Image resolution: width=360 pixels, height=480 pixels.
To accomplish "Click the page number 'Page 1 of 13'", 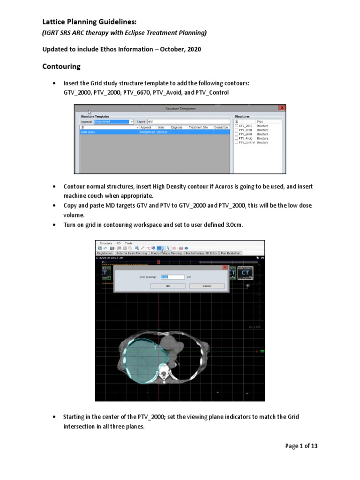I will coord(301,446).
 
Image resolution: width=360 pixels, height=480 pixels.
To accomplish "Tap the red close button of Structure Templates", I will coord(281,108).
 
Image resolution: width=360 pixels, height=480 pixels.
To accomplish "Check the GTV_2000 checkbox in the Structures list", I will coord(237,126).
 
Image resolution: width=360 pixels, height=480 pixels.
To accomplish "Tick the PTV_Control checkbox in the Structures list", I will coord(237,142).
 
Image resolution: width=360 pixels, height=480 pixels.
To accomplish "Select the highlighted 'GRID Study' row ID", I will coord(88,132).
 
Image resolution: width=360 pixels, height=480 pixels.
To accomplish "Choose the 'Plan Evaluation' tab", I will coord(231,253).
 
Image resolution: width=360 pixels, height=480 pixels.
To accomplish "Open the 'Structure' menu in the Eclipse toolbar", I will coord(106,243).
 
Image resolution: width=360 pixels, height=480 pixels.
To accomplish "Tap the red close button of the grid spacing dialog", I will coord(225,267).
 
